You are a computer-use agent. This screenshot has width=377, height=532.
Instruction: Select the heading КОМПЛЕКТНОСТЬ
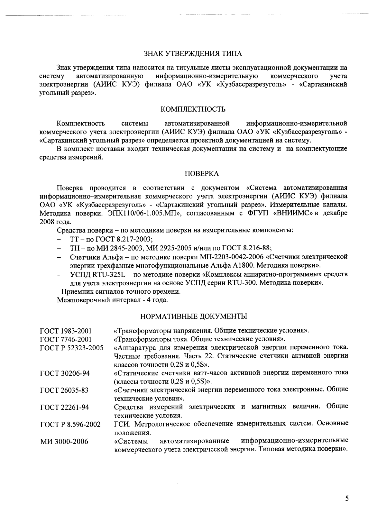coord(193,109)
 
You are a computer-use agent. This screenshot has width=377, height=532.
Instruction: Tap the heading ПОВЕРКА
coord(202,174)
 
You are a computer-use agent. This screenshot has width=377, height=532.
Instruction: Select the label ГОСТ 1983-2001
coord(66,331)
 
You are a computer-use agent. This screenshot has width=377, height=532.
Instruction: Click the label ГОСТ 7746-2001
coord(66,339)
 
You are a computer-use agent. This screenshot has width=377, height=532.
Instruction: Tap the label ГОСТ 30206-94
coord(65,373)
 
